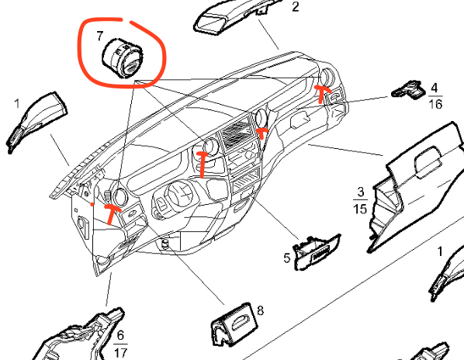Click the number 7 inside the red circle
point(99,36)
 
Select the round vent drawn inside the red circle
point(123,58)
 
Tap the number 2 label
point(296,6)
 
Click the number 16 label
point(435,104)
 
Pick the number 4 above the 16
point(434,88)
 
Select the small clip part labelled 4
point(409,90)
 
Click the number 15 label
point(360,208)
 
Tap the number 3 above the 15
point(361,192)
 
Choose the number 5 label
point(287,258)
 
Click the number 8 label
point(260,310)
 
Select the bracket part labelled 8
point(234,325)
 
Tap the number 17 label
point(120,352)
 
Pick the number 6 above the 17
point(120,335)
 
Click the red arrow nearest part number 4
point(322,93)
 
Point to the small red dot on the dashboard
point(92,204)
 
